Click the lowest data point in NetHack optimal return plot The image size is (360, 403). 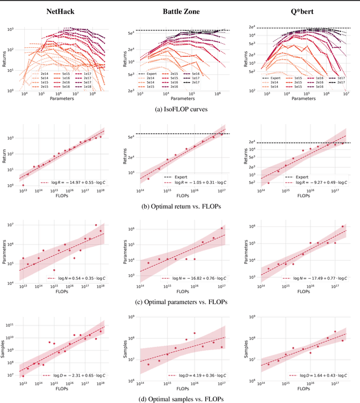[23, 185]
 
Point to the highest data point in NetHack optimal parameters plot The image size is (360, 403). [96, 225]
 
